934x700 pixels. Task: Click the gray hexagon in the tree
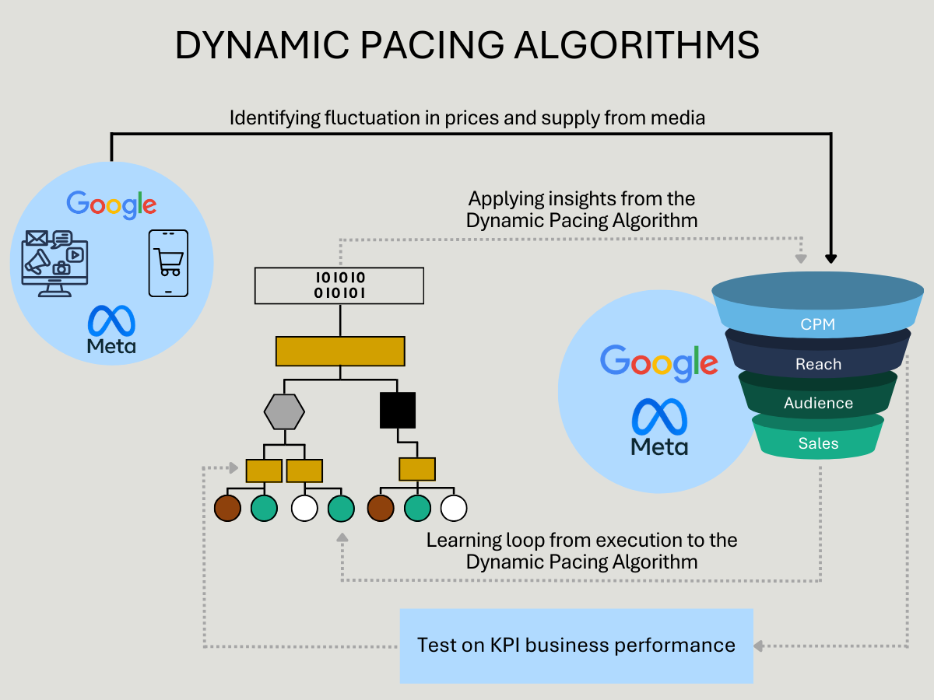coord(284,411)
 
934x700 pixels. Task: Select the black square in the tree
coord(398,410)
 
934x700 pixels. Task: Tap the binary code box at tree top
coord(339,285)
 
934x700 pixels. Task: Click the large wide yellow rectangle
coord(340,351)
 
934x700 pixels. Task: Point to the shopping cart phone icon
coord(168,263)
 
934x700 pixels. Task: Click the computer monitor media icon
coord(55,264)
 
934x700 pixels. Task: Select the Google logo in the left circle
coord(111,205)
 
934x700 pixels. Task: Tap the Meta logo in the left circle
coord(111,329)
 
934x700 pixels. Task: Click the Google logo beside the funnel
coord(659,363)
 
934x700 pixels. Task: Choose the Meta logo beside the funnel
coord(659,427)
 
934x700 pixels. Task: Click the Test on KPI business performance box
coord(577,646)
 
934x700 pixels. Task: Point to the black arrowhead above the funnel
coord(831,258)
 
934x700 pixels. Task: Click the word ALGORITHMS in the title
coord(637,45)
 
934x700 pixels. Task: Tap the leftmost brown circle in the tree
coord(227,508)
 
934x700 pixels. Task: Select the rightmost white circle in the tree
coord(454,508)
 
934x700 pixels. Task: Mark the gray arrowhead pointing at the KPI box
coord(758,646)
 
